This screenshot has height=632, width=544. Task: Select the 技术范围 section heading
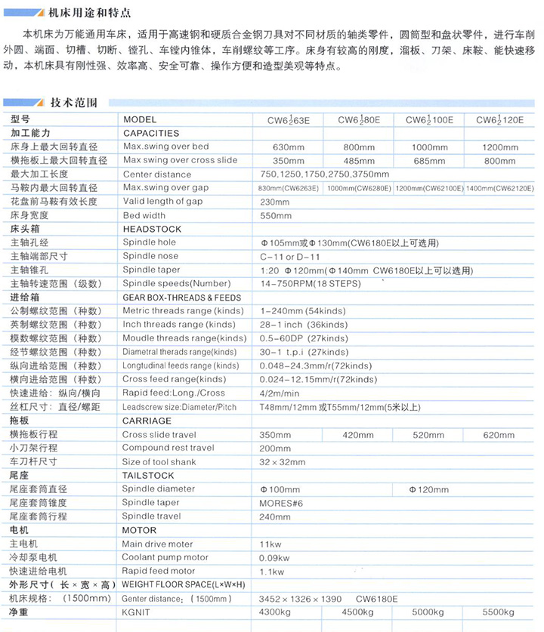click(73, 103)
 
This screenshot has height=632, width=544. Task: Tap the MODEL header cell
click(140, 119)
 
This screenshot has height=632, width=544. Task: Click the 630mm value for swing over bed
click(287, 146)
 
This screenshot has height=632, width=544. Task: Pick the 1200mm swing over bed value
click(500, 146)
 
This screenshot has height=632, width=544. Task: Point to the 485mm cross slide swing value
click(358, 160)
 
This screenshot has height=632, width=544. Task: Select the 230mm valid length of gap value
click(275, 202)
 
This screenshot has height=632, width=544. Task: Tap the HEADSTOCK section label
click(152, 229)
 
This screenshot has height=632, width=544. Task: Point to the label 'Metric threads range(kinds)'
click(184, 311)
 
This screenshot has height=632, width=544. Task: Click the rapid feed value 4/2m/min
click(280, 393)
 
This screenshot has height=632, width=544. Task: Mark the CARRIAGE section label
click(147, 421)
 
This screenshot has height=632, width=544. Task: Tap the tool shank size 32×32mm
click(283, 462)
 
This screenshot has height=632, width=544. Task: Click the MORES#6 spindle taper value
click(281, 503)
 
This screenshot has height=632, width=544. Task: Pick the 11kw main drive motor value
click(270, 544)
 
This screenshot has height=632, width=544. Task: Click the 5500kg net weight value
click(499, 612)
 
